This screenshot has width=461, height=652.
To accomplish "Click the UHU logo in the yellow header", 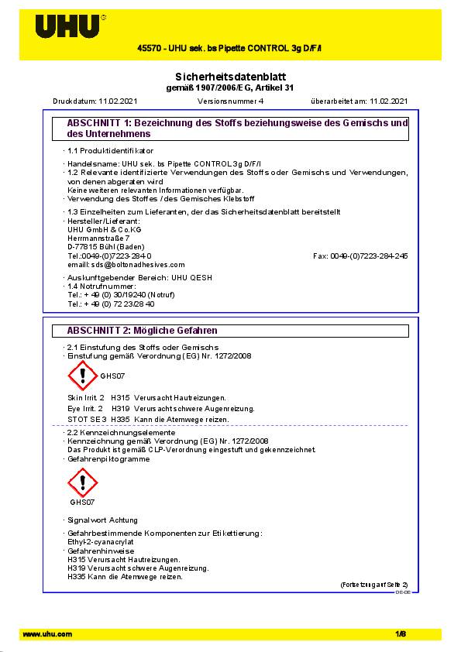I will (x=68, y=26).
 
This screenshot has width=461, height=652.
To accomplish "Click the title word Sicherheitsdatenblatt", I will (x=230, y=77).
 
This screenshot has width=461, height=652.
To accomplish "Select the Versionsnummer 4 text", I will (x=230, y=101).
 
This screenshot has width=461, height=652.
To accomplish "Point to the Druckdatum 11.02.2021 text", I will (x=84, y=101).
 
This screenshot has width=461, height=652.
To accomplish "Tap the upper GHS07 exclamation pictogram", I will (x=83, y=375).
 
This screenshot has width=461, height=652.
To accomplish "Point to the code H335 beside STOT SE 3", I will (x=120, y=419).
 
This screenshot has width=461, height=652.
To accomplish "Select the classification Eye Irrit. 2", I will (x=85, y=408).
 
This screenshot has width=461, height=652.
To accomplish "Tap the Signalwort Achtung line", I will (x=94, y=520).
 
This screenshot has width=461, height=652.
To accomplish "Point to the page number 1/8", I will (x=401, y=634).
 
